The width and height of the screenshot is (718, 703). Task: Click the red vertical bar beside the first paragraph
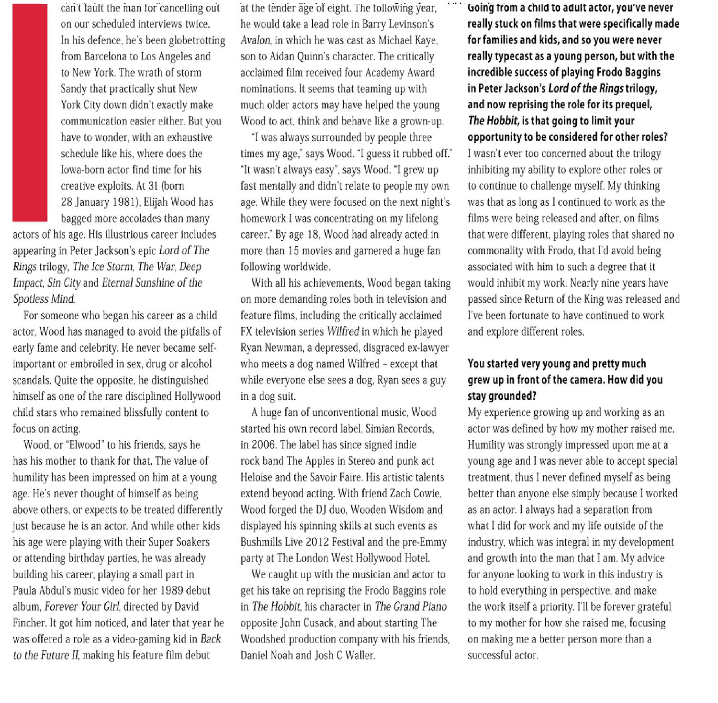[30, 112]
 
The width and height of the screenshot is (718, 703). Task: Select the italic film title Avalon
[256, 40]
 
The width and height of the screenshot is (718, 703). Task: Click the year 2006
[263, 445]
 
